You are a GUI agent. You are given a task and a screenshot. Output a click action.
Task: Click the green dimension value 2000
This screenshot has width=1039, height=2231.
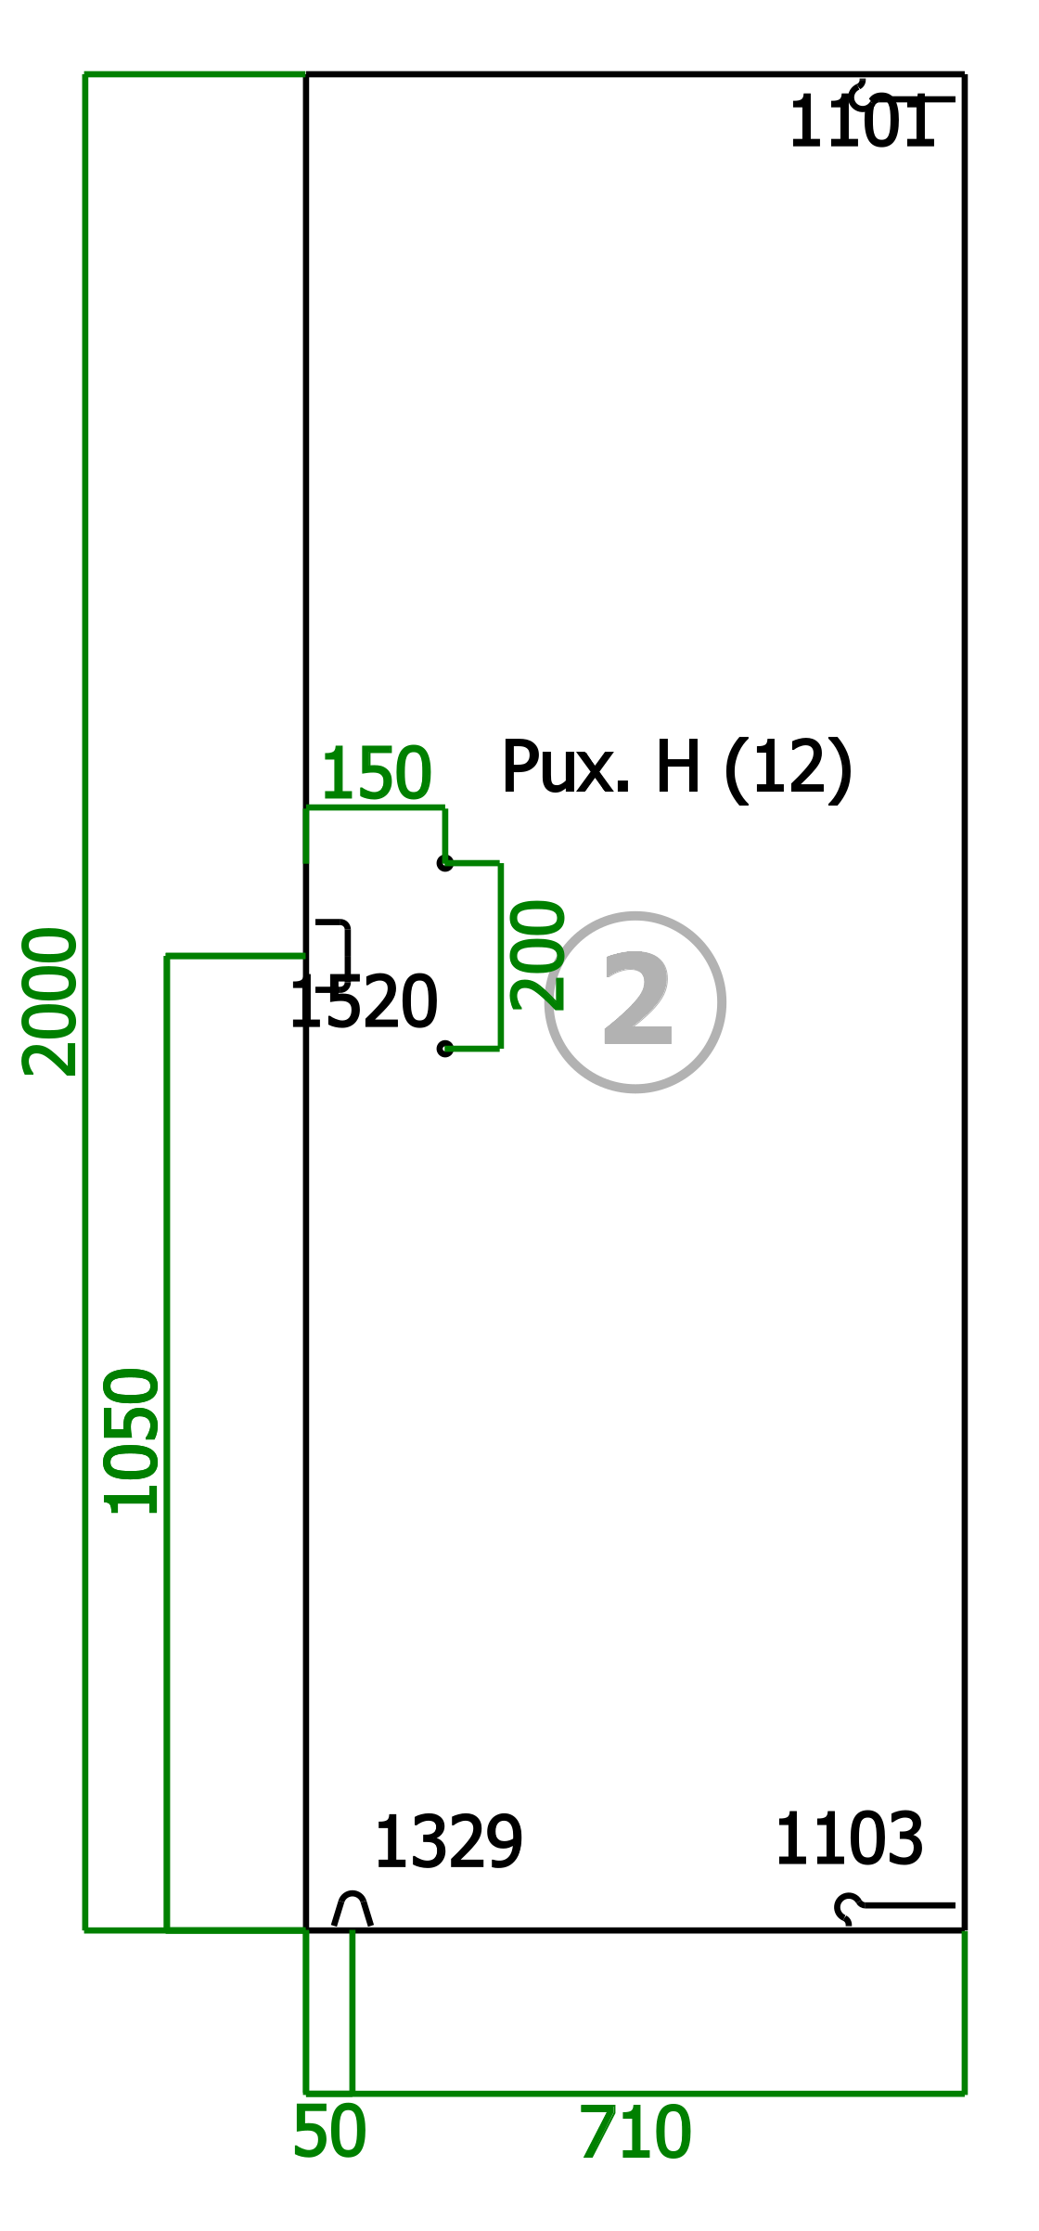pos(50,1001)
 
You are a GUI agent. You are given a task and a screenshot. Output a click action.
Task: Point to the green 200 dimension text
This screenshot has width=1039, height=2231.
pos(538,955)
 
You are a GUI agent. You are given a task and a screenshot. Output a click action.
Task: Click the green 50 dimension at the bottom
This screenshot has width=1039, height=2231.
pos(329,2133)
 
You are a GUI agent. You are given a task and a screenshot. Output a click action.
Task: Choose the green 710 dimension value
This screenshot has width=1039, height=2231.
pos(635,2134)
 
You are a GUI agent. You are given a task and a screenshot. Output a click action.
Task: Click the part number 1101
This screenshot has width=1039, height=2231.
pos(862,123)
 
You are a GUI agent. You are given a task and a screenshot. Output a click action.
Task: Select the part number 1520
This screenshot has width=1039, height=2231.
pos(364,1003)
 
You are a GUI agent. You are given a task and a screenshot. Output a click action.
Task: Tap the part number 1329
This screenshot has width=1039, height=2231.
pos(448,1843)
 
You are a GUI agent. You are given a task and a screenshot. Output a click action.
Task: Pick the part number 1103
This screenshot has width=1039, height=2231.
pos(849,1839)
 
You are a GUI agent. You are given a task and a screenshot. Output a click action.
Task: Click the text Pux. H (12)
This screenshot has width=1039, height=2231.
pos(676,769)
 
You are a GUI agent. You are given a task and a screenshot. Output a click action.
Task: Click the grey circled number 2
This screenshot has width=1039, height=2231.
pos(635,1002)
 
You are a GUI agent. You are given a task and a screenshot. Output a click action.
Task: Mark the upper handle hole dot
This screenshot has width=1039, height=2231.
pos(445,863)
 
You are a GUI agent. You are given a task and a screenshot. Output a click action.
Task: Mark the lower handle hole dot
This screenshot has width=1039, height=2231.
pos(445,1049)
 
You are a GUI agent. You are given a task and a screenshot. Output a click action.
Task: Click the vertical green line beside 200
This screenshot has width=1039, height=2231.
pos(501,956)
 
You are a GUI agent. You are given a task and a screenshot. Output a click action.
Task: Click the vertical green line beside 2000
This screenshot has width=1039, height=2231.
pos(85,1002)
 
